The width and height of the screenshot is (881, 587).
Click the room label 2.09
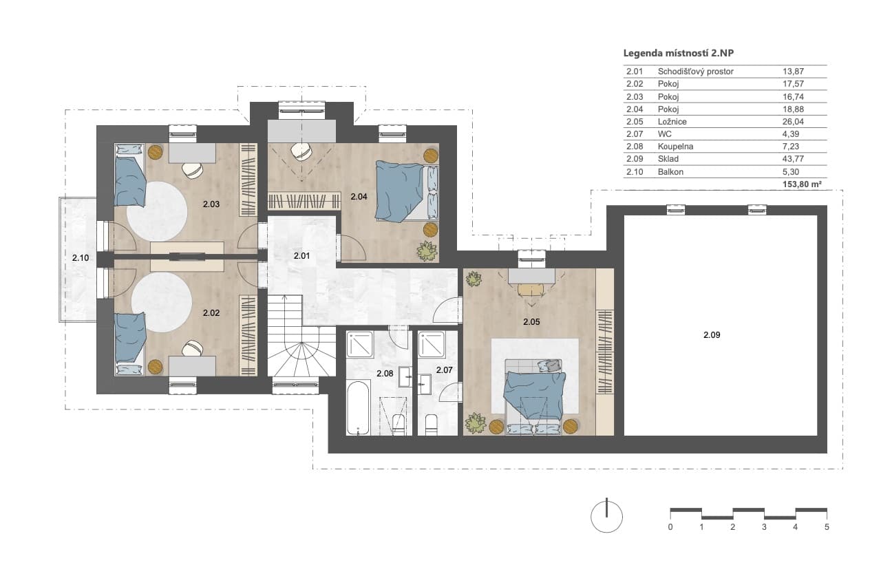point(712,335)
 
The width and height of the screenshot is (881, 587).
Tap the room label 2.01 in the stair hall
point(301,255)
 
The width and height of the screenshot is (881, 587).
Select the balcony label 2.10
point(81,258)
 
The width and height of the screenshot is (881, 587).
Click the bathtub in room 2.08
point(358,407)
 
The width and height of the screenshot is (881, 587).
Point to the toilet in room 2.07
point(432,425)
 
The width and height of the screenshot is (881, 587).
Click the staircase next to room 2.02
point(301,335)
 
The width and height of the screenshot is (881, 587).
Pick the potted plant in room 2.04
point(427,250)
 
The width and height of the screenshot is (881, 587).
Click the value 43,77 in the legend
point(793,159)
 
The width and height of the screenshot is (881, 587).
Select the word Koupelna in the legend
point(675,147)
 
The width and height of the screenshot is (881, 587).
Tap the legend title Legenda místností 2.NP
point(679,53)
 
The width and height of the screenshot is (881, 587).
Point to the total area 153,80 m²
point(802,184)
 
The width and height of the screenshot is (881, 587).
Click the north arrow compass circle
point(606,517)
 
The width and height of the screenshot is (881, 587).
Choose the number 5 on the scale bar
point(827,527)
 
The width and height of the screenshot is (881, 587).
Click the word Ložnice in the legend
point(672,122)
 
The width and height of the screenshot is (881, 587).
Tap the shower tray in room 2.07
point(432,344)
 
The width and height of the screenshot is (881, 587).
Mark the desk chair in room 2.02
point(193,348)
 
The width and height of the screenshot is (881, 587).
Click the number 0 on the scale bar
point(670,527)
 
